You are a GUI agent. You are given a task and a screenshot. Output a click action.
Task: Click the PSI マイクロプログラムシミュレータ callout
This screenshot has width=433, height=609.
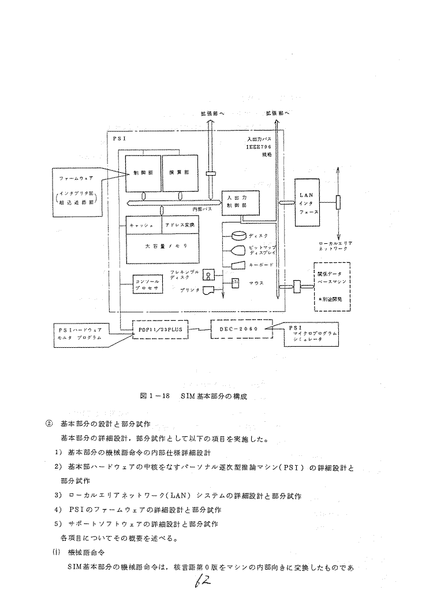click(312, 334)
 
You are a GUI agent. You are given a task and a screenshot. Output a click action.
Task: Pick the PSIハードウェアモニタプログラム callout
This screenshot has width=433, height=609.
click(80, 333)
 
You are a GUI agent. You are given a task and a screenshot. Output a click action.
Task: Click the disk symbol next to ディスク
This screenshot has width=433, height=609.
click(238, 236)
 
